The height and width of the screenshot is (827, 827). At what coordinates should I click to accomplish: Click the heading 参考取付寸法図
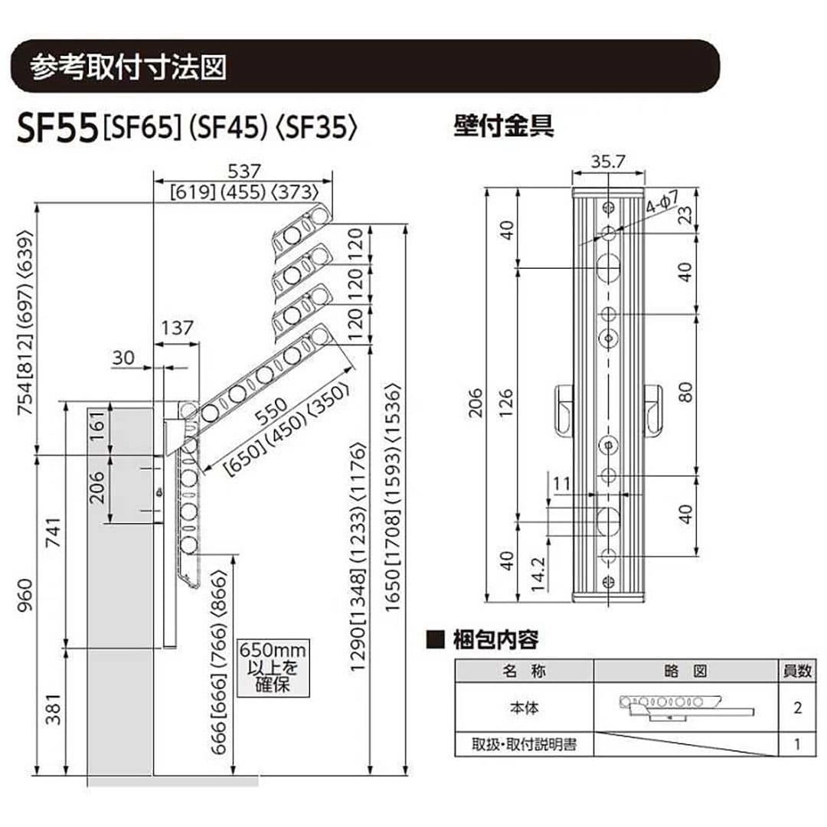129,67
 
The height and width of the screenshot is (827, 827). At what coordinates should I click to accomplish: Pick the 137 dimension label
176,328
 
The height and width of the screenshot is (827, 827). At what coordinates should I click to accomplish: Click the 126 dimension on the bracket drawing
506,406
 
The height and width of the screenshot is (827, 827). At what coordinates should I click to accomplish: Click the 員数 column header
797,671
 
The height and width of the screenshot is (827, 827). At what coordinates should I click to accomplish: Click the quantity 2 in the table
797,708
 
